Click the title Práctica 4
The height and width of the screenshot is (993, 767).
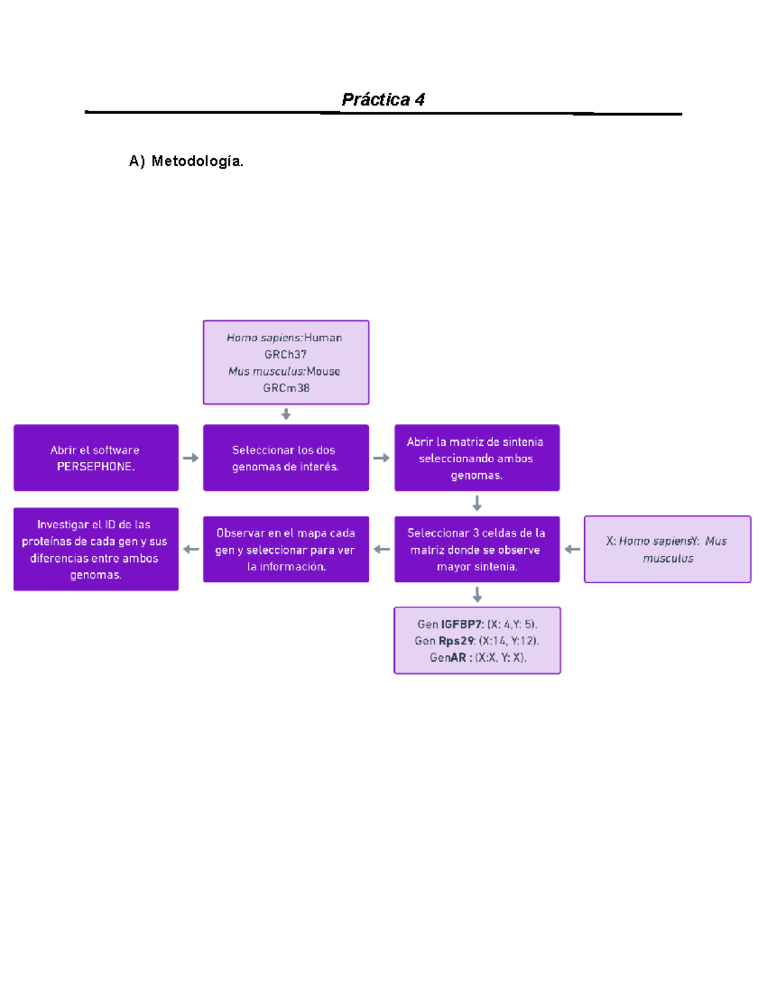pos(383,100)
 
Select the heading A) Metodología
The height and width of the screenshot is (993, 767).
pos(186,161)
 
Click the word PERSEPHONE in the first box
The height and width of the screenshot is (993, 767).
pos(95,467)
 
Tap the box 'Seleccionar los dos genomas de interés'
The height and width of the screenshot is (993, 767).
pos(286,458)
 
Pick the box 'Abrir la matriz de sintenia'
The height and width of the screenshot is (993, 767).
pos(477,458)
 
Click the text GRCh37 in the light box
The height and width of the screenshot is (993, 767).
pos(286,354)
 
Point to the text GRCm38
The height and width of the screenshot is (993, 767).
pos(286,388)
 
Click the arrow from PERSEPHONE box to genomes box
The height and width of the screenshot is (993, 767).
pos(190,458)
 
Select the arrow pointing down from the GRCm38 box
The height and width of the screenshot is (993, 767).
pos(286,414)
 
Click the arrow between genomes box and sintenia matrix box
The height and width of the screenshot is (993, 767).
pos(382,458)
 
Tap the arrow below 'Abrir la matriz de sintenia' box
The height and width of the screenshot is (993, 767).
pos(477,504)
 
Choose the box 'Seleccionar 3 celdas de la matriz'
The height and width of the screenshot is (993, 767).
pos(477,549)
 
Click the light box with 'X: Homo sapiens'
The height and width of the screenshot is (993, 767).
pos(667,549)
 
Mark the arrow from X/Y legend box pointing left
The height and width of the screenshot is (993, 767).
pos(572,549)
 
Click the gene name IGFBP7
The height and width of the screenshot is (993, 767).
pos(461,624)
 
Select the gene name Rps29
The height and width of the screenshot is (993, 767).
pos(456,641)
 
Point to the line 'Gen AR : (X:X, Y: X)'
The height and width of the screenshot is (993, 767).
pos(477,657)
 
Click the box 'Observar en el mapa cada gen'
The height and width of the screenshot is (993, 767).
pos(286,549)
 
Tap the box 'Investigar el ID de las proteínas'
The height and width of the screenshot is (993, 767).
pos(96,549)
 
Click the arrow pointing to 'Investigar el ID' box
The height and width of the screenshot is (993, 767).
pos(190,549)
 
